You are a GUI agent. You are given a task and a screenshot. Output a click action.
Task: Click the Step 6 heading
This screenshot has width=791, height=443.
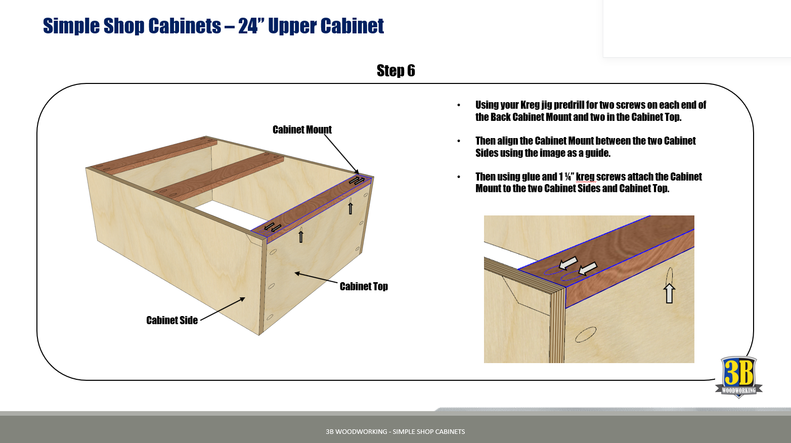click(x=395, y=71)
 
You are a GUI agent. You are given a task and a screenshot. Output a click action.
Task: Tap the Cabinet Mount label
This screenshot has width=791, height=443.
click(x=302, y=130)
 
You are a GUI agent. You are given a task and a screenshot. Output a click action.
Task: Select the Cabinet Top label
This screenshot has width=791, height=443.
click(x=364, y=287)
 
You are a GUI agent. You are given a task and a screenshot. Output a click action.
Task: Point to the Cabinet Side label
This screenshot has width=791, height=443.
click(x=172, y=321)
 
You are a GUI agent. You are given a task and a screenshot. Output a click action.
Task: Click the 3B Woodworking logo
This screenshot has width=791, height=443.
click(x=738, y=377)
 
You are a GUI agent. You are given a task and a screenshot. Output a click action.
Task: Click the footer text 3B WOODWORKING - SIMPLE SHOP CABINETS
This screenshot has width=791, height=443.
click(x=395, y=431)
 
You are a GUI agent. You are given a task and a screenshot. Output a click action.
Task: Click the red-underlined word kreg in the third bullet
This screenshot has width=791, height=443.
click(x=585, y=177)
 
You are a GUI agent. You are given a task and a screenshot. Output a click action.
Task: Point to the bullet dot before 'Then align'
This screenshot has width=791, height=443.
click(x=459, y=141)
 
